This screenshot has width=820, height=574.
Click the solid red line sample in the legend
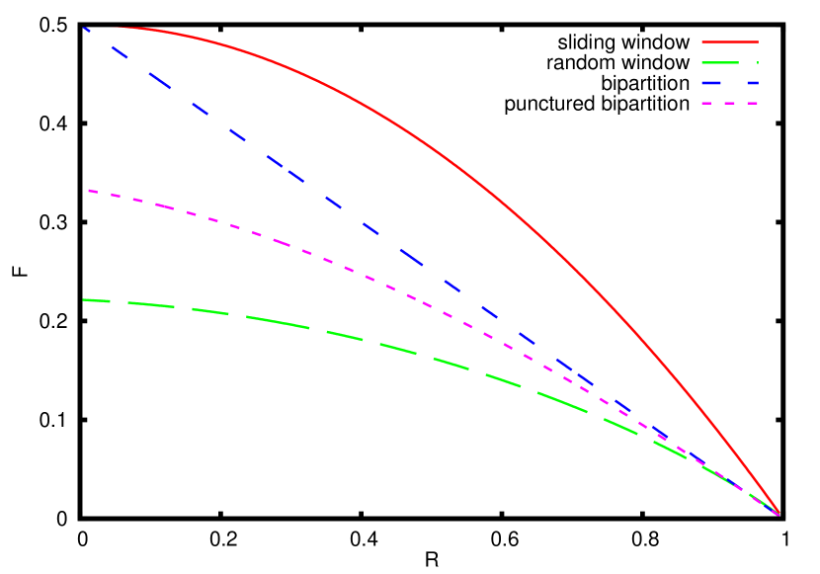(x=729, y=41)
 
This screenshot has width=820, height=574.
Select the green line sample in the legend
(x=729, y=62)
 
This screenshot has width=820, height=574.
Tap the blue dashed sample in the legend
(x=729, y=83)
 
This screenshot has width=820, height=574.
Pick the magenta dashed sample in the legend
(x=729, y=103)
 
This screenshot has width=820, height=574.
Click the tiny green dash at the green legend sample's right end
(x=757, y=62)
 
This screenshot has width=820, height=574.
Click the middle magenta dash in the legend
(x=729, y=103)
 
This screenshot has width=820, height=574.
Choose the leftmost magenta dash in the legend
(x=707, y=103)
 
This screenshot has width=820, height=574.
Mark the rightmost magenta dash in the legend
(x=752, y=103)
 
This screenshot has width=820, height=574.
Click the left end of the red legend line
(x=702, y=41)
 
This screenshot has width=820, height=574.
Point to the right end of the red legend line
(x=758, y=41)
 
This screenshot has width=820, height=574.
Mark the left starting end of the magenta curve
(x=89, y=191)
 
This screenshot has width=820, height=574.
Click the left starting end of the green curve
(x=85, y=299)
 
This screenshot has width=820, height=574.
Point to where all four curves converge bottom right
(x=779, y=514)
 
